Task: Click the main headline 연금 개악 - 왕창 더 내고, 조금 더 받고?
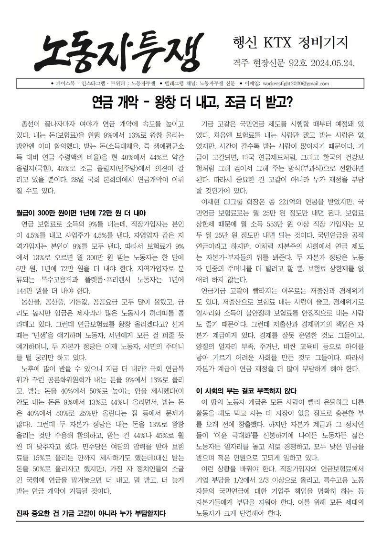(x=191, y=102)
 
